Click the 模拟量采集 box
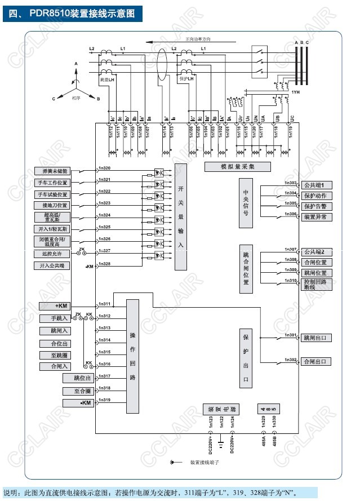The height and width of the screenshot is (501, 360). tap(237, 167)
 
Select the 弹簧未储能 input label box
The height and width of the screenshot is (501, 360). tap(54, 171)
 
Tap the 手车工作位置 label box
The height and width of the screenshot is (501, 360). tap(54, 183)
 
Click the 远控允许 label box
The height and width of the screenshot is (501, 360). tap(54, 254)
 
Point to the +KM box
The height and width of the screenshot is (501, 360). tap(62, 306)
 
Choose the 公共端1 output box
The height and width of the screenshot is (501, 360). tap(317, 185)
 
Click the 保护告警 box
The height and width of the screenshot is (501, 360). tap(317, 206)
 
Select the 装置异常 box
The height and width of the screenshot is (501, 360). tap(317, 217)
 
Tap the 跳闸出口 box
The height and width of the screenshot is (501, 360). tap(317, 338)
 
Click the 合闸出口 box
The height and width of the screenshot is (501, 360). tap(317, 361)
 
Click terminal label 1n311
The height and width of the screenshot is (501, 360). tap(104, 304)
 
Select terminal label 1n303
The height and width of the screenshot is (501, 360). tap(290, 183)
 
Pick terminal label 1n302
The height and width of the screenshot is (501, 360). tap(290, 360)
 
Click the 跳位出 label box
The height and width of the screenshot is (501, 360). tap(78, 378)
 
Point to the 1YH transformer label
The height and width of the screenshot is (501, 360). tap(295, 91)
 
